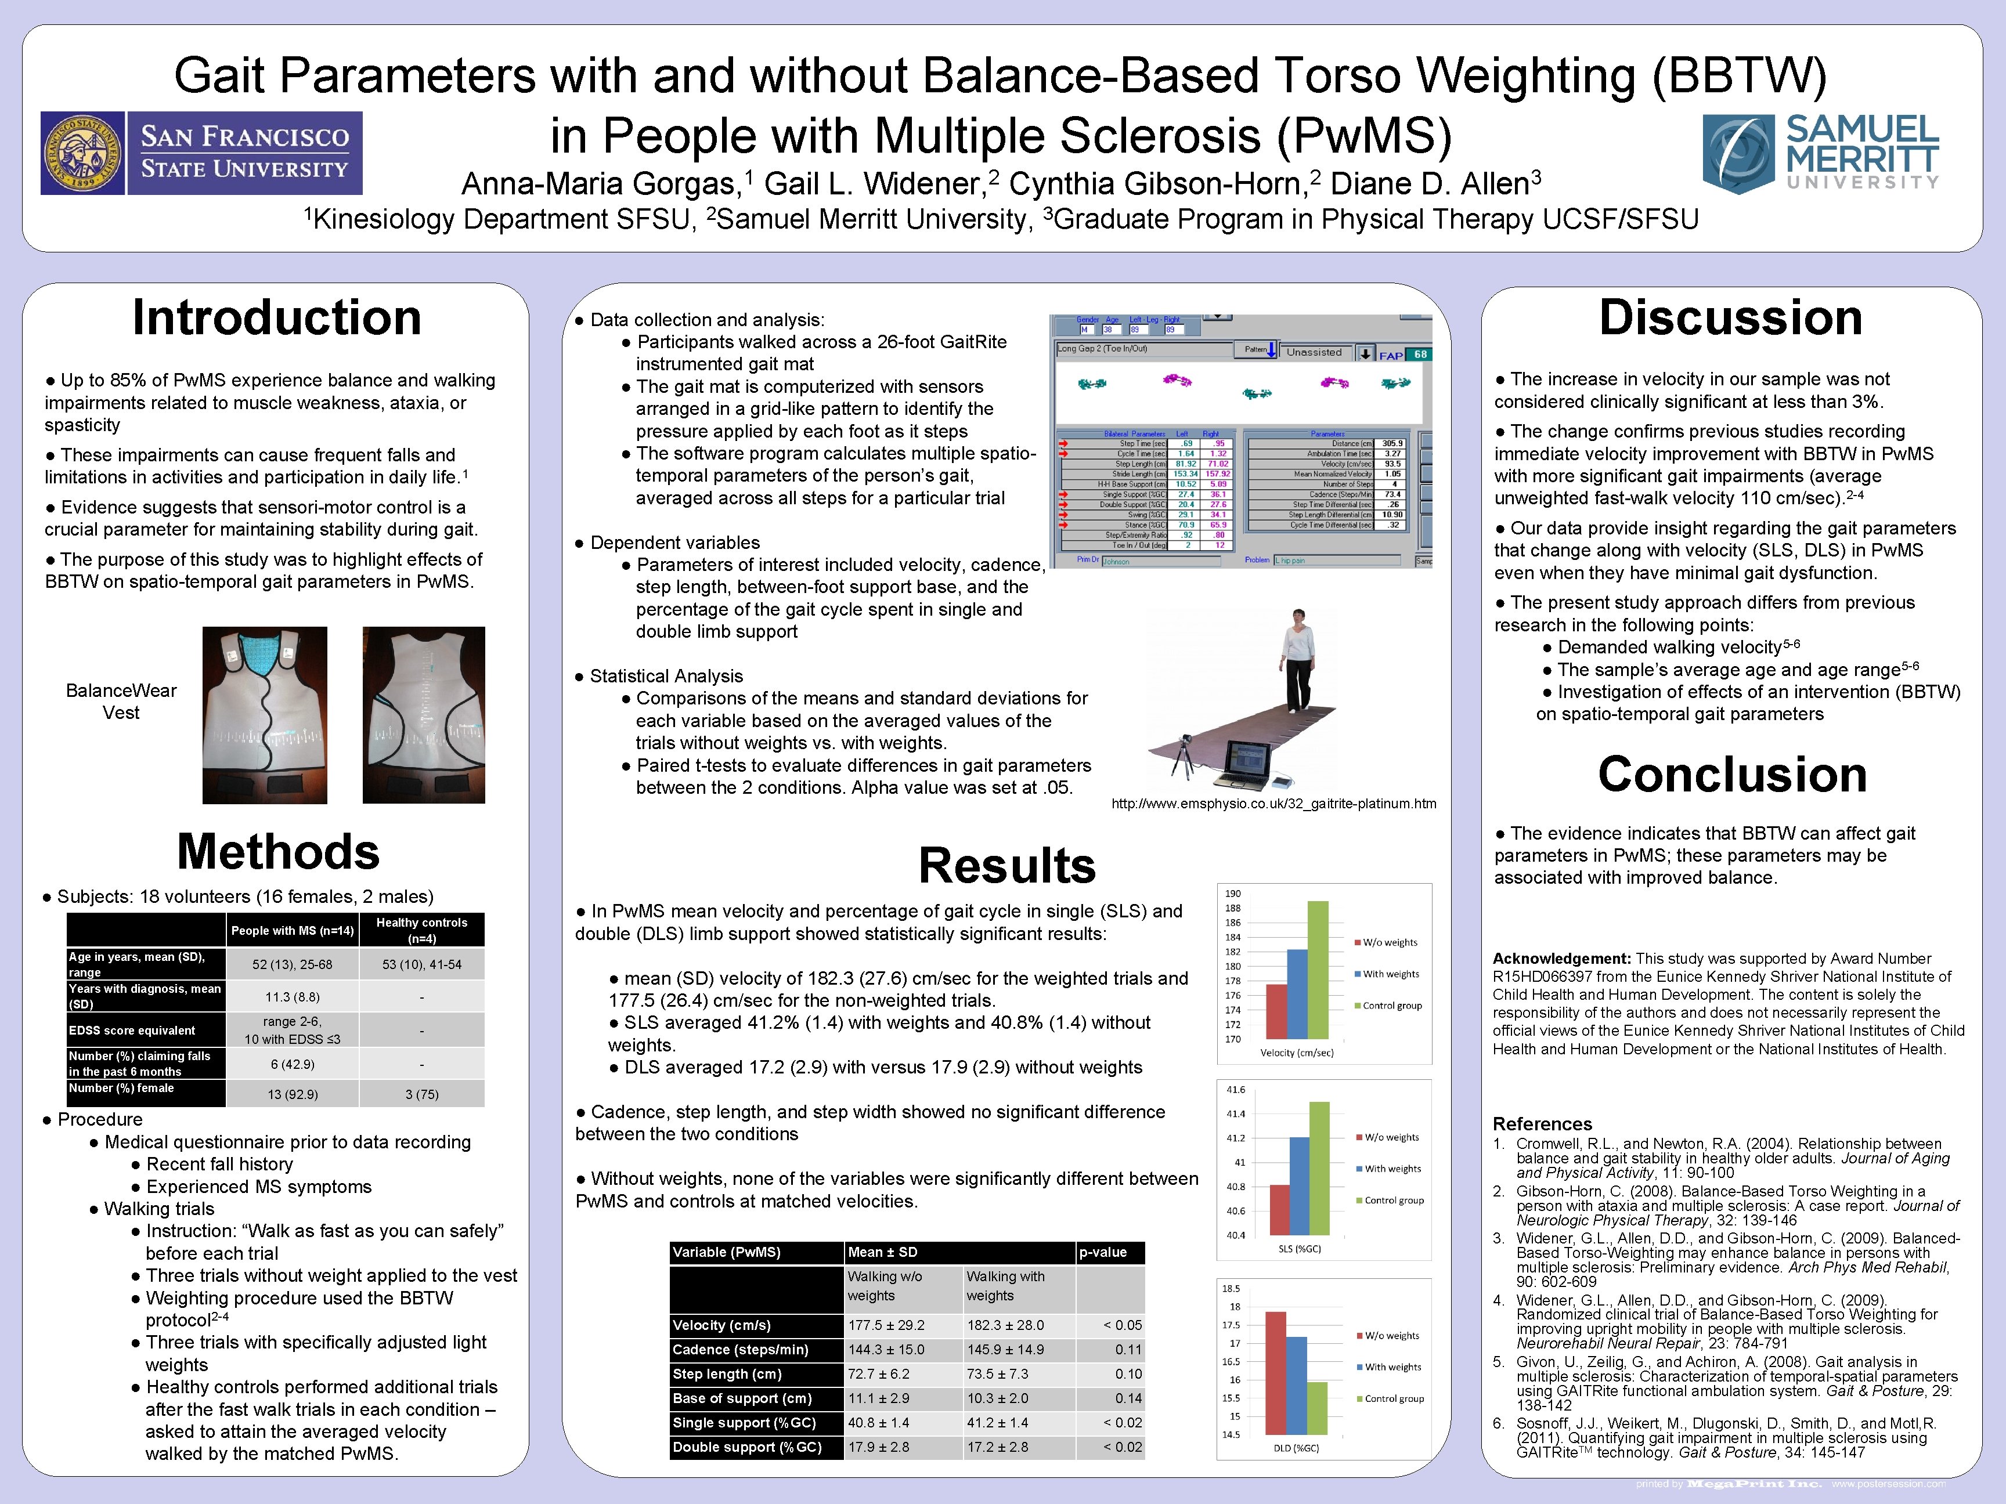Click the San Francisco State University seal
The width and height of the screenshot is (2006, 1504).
(x=82, y=153)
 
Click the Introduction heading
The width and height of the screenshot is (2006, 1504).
(x=277, y=318)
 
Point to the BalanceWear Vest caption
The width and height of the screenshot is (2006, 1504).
(x=121, y=702)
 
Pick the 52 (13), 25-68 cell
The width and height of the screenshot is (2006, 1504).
(x=292, y=964)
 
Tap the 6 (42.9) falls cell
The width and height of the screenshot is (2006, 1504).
(x=292, y=1064)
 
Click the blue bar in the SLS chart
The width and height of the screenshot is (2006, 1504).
(x=1298, y=1185)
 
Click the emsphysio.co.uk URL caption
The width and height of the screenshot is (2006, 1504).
(x=1273, y=803)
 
